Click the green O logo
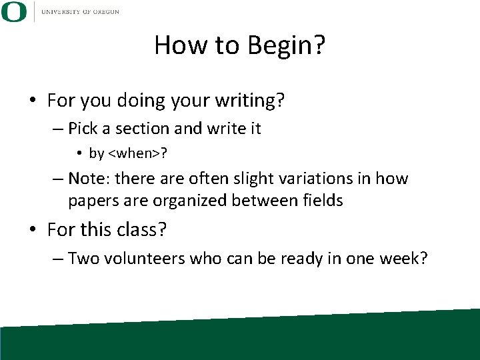coord(14,12)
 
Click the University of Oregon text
coord(80,12)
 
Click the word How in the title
coord(177,45)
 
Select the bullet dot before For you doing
coord(33,101)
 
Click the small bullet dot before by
coord(79,154)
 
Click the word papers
coord(91,200)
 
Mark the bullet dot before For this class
coord(33,231)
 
